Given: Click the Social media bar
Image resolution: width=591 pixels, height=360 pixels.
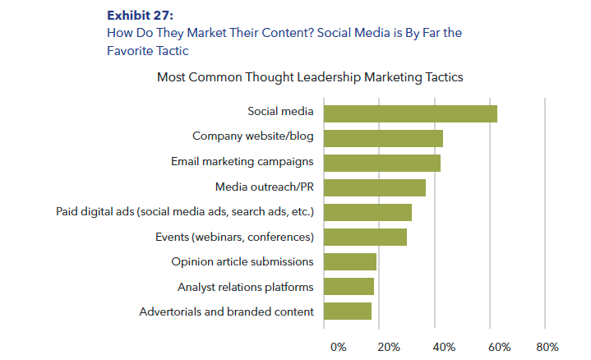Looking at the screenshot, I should (410, 113).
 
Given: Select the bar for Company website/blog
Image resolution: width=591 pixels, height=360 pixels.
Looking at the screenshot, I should (383, 138).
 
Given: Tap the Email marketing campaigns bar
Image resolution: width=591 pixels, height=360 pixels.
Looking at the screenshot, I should (382, 163).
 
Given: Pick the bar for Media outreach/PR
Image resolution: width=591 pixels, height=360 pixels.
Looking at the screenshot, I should (375, 187).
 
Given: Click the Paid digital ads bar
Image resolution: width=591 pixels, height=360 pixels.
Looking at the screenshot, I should (367, 212).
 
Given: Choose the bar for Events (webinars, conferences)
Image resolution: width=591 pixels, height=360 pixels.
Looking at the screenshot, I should (365, 238).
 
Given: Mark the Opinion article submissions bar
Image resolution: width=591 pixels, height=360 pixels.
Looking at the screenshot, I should (350, 262).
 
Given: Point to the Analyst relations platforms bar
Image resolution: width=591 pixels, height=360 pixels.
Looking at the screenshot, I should (349, 287).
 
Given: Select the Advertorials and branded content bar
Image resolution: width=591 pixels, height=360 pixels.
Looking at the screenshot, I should (348, 312).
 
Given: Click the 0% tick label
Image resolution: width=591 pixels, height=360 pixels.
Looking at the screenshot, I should (338, 347).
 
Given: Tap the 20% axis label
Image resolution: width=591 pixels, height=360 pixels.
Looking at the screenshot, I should (390, 347).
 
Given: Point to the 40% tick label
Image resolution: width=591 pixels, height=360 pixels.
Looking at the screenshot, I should (444, 347).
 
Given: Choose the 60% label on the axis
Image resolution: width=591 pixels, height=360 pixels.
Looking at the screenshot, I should (499, 347).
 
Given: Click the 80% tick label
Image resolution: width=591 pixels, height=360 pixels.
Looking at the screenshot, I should (547, 347).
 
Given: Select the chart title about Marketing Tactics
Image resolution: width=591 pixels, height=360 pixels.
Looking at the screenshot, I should (310, 77).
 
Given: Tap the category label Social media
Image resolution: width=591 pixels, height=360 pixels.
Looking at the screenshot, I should (280, 112).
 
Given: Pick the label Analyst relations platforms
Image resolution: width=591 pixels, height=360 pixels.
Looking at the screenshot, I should (245, 287).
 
